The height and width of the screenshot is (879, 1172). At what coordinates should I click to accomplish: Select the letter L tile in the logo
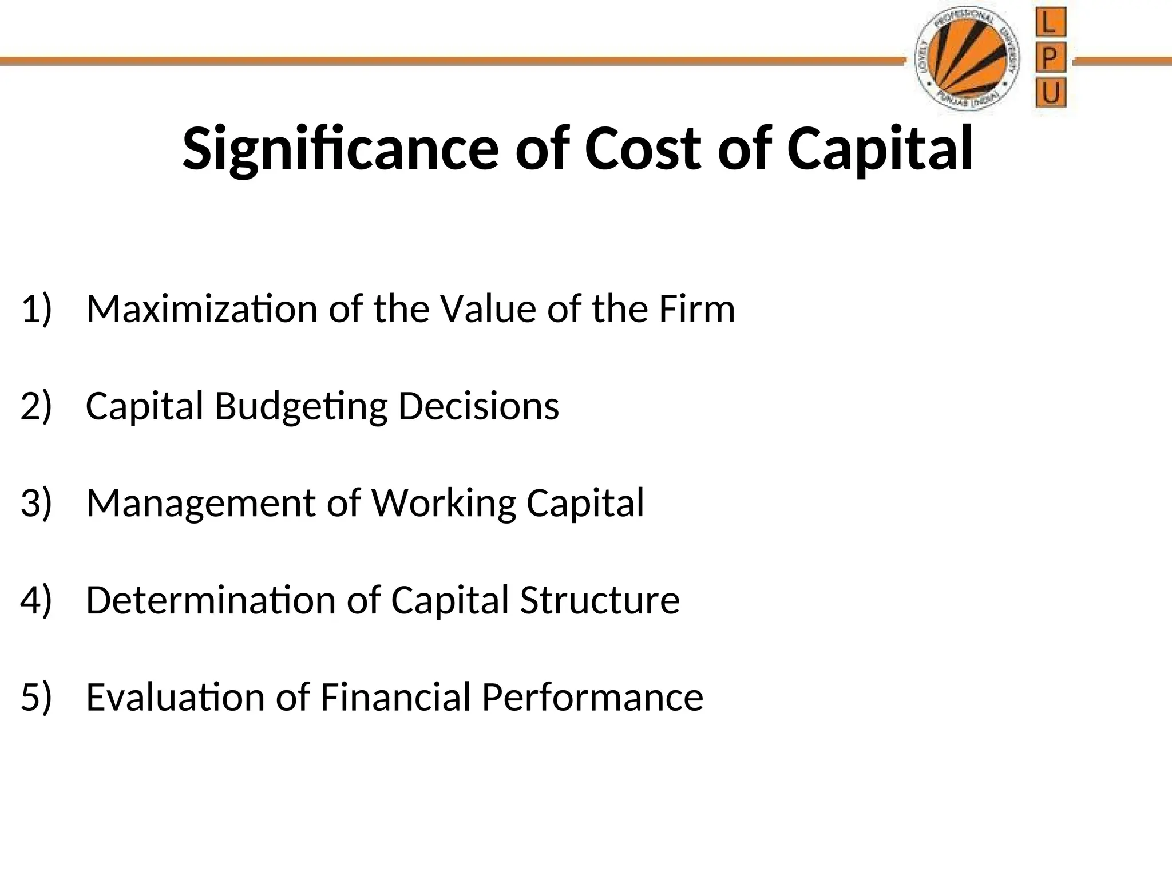tap(1050, 24)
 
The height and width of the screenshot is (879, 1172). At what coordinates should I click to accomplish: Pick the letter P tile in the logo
tap(1050, 58)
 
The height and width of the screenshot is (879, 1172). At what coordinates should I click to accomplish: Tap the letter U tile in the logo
tap(1050, 93)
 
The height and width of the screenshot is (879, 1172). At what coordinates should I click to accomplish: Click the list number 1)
tap(36, 309)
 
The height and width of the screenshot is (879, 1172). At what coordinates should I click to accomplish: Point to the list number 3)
tap(36, 503)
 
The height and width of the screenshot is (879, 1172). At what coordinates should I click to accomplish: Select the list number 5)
tap(36, 697)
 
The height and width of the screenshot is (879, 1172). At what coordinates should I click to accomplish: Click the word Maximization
tap(201, 309)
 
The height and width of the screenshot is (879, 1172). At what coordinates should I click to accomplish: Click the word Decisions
tap(478, 406)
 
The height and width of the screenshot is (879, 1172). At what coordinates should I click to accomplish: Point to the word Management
tap(201, 504)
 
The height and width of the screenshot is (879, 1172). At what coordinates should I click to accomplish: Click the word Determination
tap(210, 600)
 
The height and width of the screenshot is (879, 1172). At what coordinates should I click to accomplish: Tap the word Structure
tap(600, 600)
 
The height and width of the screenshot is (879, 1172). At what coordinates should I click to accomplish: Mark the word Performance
tap(592, 697)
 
